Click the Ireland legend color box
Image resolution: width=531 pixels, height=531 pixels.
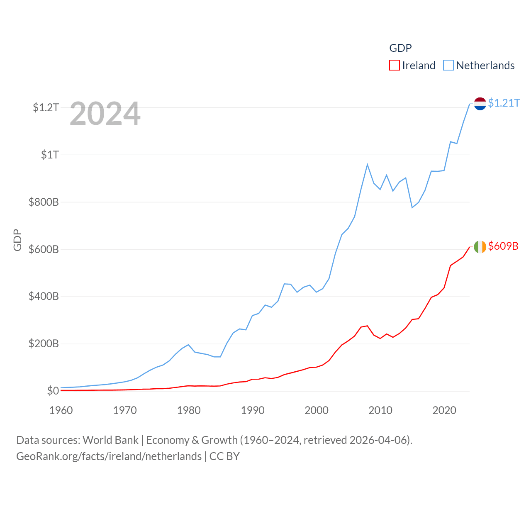[x=394, y=66]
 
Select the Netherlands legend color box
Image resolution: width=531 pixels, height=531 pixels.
[x=448, y=66]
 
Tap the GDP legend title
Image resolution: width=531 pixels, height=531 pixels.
[x=400, y=48]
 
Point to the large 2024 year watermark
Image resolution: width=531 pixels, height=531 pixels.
[x=105, y=114]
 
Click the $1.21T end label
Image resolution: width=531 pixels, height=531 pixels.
[x=504, y=103]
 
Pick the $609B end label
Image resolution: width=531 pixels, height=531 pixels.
[x=503, y=246]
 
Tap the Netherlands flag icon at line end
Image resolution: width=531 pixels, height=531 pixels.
[x=480, y=104]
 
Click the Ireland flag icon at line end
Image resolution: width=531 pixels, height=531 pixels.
[x=480, y=247]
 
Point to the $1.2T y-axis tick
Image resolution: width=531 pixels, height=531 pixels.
[x=46, y=108]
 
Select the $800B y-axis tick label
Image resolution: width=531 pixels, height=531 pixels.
[x=44, y=202]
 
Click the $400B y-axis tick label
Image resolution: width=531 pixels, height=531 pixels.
[x=44, y=297]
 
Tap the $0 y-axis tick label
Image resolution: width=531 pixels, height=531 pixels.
[x=53, y=391]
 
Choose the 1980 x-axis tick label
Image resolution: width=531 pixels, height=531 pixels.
[x=189, y=411]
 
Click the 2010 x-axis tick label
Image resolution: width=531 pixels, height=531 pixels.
[x=380, y=411]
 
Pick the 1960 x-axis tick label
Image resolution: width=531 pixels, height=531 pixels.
[x=61, y=411]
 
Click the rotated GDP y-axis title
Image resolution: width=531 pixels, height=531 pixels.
[x=17, y=240]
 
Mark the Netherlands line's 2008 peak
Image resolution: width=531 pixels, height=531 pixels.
[x=367, y=165]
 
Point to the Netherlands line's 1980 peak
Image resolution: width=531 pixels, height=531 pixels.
[x=188, y=345]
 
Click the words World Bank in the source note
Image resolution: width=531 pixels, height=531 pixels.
[x=110, y=440]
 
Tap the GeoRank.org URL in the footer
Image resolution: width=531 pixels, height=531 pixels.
[x=109, y=456]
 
